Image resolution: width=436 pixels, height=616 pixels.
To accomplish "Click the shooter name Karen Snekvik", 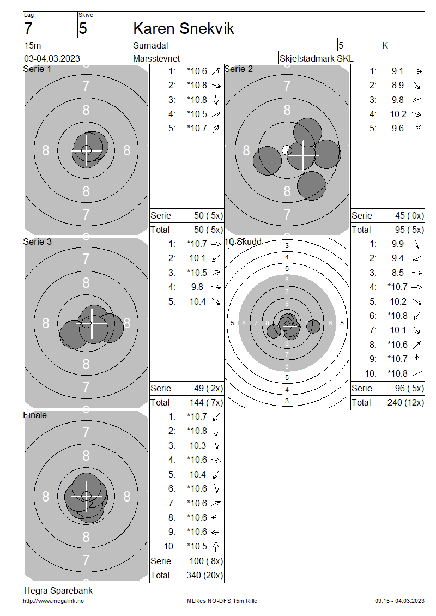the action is [184, 29].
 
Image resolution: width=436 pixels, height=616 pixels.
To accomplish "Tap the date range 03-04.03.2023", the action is [52, 58].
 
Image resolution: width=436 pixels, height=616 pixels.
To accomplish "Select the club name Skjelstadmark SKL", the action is [316, 58].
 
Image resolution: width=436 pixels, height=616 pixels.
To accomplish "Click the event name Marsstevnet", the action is [156, 58].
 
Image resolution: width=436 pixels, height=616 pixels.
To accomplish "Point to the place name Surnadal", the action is [150, 46].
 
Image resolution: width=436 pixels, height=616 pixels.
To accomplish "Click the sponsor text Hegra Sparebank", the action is [58, 590].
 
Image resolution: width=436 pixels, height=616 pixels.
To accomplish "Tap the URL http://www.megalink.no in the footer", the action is [53, 601].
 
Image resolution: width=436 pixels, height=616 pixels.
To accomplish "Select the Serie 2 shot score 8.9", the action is [397, 85].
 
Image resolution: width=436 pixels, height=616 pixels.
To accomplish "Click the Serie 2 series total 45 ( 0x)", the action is [409, 216].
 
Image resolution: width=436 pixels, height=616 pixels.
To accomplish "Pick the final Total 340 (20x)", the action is [204, 576].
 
